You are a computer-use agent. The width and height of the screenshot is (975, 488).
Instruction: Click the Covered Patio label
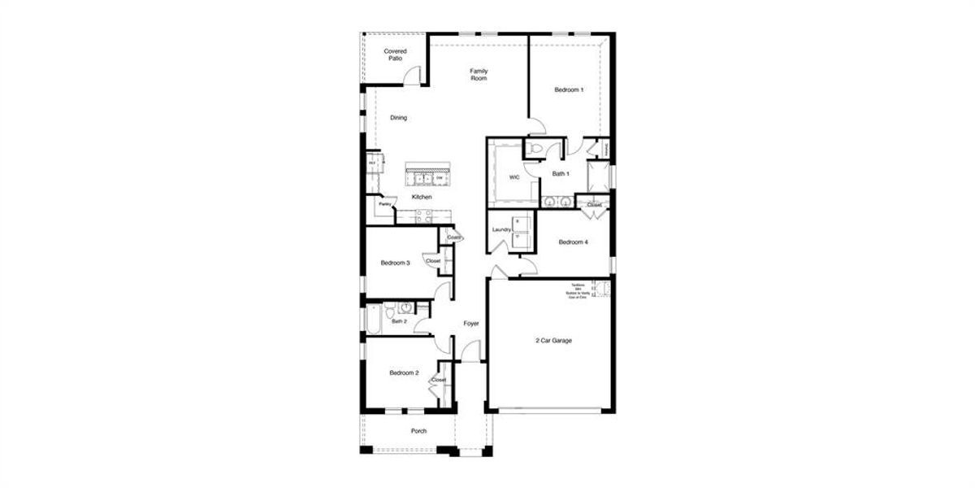click(395, 54)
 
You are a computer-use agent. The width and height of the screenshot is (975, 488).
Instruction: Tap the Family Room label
click(479, 75)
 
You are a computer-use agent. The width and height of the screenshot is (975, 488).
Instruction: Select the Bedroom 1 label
click(569, 89)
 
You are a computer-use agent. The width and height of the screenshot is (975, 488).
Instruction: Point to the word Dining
click(398, 118)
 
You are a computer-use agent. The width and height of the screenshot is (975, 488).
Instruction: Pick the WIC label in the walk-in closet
click(513, 176)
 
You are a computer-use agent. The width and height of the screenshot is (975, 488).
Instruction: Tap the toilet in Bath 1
click(535, 149)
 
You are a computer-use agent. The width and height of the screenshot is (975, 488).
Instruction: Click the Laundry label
click(501, 229)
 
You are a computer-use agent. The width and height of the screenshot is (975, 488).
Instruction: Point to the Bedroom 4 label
click(574, 242)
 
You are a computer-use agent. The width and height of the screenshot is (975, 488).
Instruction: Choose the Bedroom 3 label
click(396, 263)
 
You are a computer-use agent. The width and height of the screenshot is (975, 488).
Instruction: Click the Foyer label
click(470, 324)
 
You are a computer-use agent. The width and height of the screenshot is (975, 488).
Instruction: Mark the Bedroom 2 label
click(404, 373)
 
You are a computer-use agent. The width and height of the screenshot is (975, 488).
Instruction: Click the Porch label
click(418, 431)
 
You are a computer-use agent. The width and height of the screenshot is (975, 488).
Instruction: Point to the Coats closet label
click(453, 237)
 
